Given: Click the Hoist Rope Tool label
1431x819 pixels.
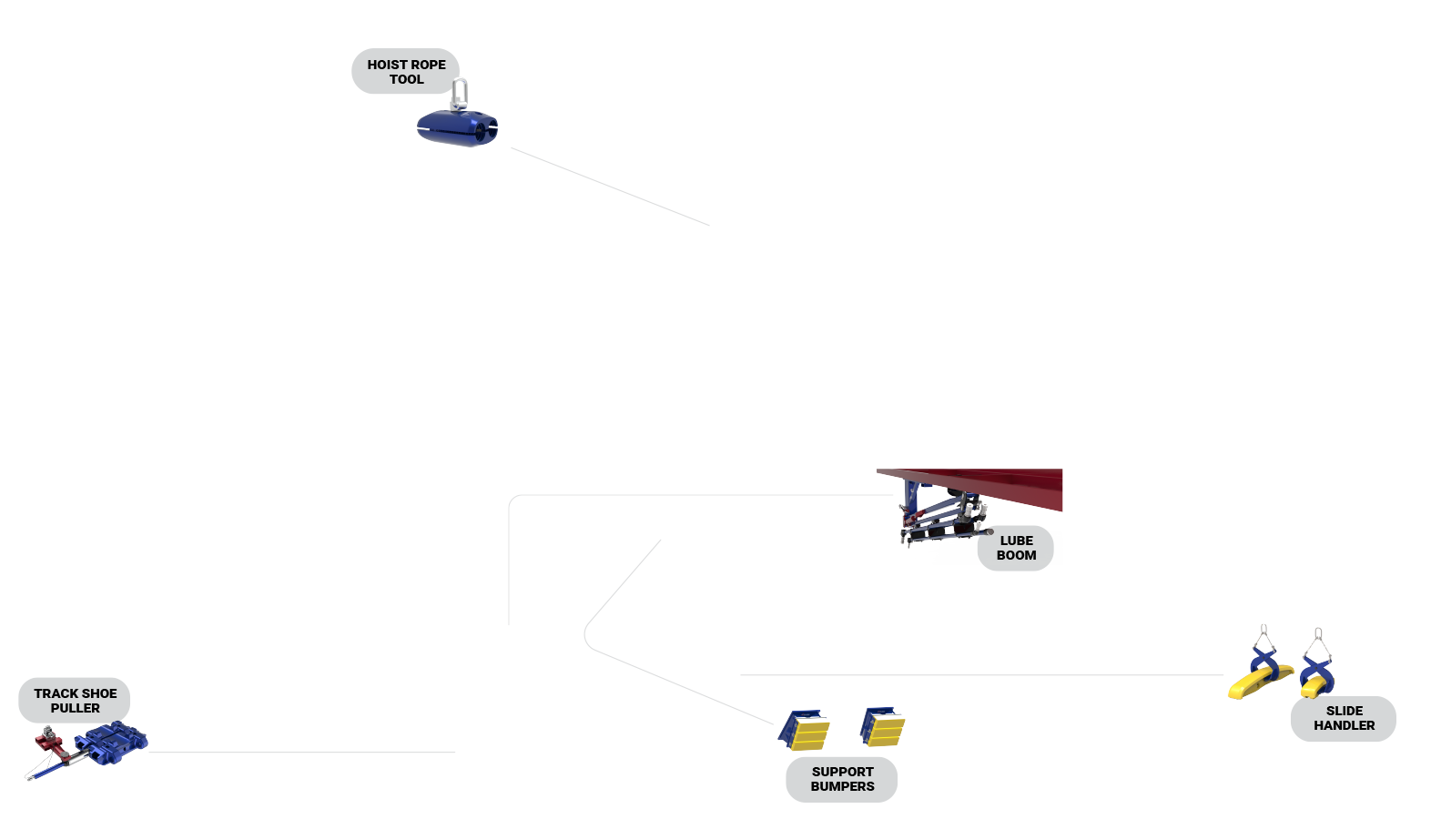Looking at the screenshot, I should (x=405, y=71).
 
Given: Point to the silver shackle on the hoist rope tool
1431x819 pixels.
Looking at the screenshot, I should (x=461, y=93).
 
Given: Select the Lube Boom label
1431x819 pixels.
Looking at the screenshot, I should (x=1015, y=548).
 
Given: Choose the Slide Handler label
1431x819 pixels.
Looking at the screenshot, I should (x=1343, y=718).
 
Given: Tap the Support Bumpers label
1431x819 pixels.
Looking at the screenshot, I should (x=842, y=779).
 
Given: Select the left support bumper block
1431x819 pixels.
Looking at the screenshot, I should (x=805, y=729).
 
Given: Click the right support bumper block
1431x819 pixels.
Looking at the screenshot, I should (x=883, y=725).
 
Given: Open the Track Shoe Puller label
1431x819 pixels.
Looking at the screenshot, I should (x=75, y=701).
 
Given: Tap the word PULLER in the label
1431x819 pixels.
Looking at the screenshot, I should (x=76, y=708).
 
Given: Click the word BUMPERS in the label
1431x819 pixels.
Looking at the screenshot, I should (x=842, y=786).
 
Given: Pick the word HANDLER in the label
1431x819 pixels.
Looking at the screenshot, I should (x=1344, y=725).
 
